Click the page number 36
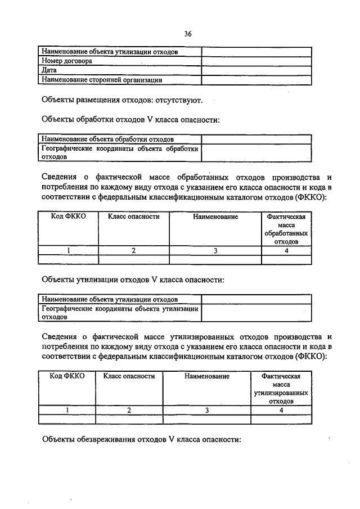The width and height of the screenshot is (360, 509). pyautogui.click(x=188, y=34)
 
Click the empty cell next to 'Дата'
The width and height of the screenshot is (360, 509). pyautogui.click(x=256, y=70)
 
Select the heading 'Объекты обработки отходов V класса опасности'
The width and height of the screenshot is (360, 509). pyautogui.click(x=130, y=119)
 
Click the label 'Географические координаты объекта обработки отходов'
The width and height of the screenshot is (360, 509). pyautogui.click(x=120, y=152)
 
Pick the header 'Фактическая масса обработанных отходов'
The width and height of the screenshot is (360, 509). pyautogui.click(x=286, y=229)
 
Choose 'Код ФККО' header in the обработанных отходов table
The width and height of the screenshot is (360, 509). pyautogui.click(x=68, y=217)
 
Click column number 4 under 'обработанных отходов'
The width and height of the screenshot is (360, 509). pyautogui.click(x=286, y=251)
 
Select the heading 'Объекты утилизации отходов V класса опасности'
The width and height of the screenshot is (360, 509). pyautogui.click(x=134, y=278)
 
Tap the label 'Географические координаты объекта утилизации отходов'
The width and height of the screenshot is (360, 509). pyautogui.click(x=120, y=312)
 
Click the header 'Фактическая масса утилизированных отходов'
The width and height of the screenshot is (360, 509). pyautogui.click(x=281, y=389)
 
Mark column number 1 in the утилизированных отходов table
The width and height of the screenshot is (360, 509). pyautogui.click(x=66, y=411)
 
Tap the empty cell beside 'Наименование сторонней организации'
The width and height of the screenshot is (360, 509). pyautogui.click(x=256, y=80)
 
